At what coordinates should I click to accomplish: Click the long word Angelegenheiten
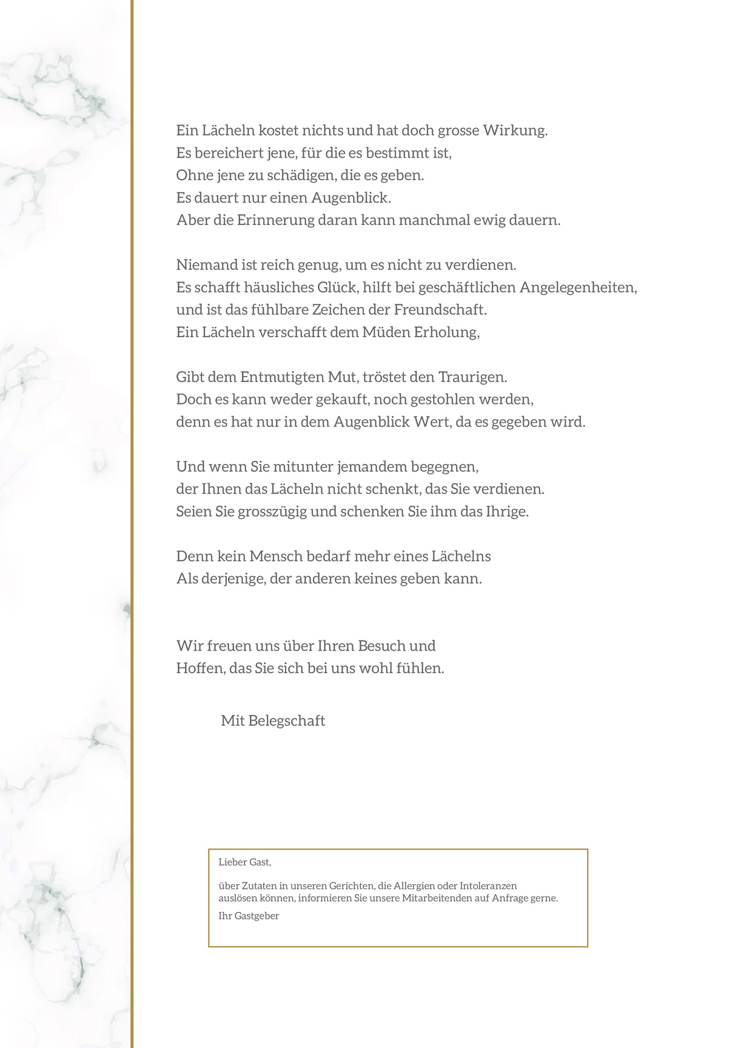click(578, 287)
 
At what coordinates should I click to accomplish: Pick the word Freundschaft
click(440, 310)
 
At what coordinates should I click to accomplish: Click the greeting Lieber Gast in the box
click(244, 862)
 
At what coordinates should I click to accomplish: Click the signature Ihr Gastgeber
click(249, 916)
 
